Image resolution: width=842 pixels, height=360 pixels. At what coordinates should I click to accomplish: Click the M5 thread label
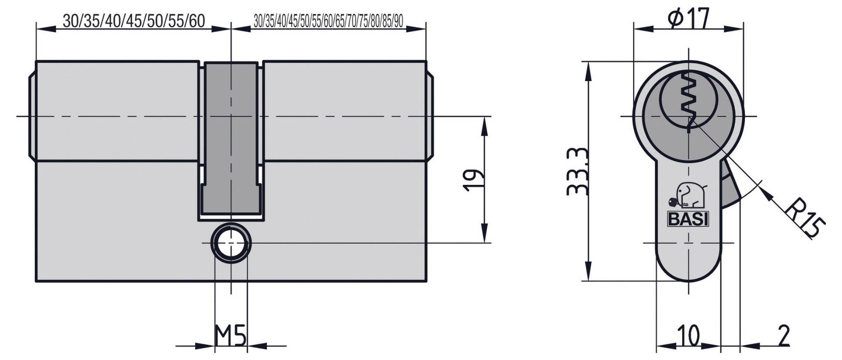pyautogui.click(x=231, y=336)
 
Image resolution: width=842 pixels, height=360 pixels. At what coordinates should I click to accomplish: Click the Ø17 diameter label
pyautogui.click(x=688, y=19)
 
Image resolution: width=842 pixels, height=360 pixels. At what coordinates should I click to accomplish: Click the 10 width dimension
pyautogui.click(x=688, y=336)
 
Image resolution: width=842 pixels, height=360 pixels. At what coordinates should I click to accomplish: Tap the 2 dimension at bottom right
pyautogui.click(x=783, y=336)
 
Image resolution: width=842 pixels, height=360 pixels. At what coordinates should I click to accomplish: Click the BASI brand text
pyautogui.click(x=688, y=219)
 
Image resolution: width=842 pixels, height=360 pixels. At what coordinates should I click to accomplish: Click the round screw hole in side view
pyautogui.click(x=230, y=244)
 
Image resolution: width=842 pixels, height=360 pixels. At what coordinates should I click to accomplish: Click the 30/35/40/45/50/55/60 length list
pyautogui.click(x=133, y=21)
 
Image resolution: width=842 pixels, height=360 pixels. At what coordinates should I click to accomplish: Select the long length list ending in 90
pyautogui.click(x=328, y=21)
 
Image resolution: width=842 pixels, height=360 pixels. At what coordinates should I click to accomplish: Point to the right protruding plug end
pyautogui.click(x=430, y=116)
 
